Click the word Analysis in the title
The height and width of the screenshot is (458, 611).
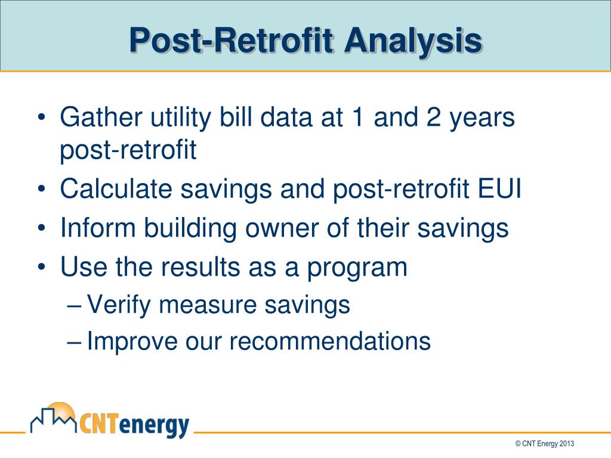413,41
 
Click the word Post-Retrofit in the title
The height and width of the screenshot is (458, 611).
232,40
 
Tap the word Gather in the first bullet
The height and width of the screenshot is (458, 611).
101,117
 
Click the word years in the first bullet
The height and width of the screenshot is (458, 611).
482,119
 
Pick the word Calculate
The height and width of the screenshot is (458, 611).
116,188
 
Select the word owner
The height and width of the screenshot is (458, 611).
282,230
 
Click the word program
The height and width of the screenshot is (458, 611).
357,269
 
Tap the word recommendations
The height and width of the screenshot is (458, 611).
329,341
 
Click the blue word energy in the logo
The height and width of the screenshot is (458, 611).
155,426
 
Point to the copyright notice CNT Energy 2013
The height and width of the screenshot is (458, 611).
544,444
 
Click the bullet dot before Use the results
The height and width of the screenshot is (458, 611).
41,267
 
